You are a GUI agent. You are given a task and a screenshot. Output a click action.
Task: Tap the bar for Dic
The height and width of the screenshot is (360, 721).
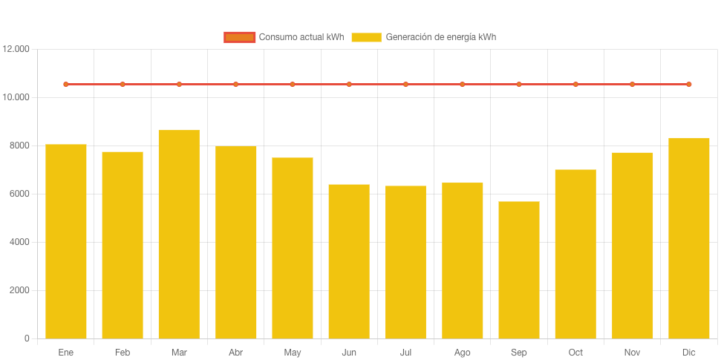(689, 238)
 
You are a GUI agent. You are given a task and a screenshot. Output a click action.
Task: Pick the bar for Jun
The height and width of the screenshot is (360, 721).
(349, 261)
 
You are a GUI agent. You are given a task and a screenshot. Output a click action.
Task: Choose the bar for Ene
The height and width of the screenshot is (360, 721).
(66, 240)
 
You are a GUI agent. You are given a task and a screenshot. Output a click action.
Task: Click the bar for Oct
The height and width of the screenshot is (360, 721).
(575, 253)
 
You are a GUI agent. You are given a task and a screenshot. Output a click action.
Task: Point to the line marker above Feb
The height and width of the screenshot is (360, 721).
(123, 85)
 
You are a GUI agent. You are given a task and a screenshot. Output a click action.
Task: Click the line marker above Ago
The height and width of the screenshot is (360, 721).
(463, 85)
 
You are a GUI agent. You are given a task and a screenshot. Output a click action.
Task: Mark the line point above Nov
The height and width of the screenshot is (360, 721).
(633, 85)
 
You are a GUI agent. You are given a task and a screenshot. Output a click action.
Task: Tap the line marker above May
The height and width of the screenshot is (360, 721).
(293, 85)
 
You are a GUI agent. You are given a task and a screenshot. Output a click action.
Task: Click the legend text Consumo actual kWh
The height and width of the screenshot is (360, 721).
(301, 37)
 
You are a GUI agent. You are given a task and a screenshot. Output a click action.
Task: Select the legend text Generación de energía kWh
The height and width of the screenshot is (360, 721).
(441, 37)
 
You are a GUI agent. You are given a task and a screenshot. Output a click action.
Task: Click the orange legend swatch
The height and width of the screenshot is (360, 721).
(239, 37)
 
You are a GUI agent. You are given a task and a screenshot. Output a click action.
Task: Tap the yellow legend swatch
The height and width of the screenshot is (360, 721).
(366, 37)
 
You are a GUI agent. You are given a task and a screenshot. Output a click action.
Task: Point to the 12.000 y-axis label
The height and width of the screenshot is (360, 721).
(16, 49)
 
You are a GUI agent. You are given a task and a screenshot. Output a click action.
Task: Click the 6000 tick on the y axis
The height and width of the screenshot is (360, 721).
(19, 194)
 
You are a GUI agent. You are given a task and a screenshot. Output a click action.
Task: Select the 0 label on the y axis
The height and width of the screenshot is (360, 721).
(27, 338)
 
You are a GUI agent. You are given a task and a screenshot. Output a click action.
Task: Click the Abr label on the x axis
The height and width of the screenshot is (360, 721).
(235, 352)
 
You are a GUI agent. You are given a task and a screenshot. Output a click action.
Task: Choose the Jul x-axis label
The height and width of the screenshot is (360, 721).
(405, 352)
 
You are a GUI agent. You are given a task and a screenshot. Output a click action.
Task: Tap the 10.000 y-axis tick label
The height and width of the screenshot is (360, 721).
(16, 97)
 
